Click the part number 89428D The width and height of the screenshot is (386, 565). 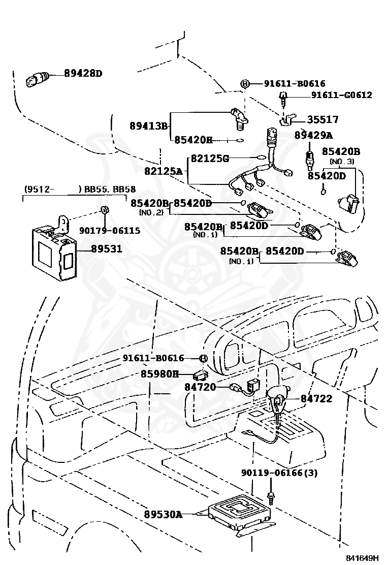pyautogui.click(x=83, y=74)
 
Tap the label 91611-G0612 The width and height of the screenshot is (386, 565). pyautogui.click(x=342, y=95)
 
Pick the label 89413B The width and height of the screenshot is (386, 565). pyautogui.click(x=149, y=126)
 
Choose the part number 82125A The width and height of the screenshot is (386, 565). pyautogui.click(x=164, y=171)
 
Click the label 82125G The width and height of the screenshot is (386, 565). pyautogui.click(x=210, y=158)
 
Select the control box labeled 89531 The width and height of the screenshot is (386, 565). pyautogui.click(x=54, y=247)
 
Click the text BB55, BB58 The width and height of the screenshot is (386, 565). pyautogui.click(x=110, y=189)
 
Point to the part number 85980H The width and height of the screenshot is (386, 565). pyautogui.click(x=159, y=374)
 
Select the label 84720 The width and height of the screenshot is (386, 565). pyautogui.click(x=200, y=387)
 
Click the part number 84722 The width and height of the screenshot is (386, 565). pyautogui.click(x=316, y=398)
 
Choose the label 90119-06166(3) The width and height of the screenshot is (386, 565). pyautogui.click(x=279, y=473)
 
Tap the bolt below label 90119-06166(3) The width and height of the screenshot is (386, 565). pyautogui.click(x=271, y=497)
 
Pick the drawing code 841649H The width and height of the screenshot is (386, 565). pyautogui.click(x=362, y=558)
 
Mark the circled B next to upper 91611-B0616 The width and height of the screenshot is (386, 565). pyautogui.click(x=245, y=84)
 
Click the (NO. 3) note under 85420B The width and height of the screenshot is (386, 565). pyautogui.click(x=342, y=162)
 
